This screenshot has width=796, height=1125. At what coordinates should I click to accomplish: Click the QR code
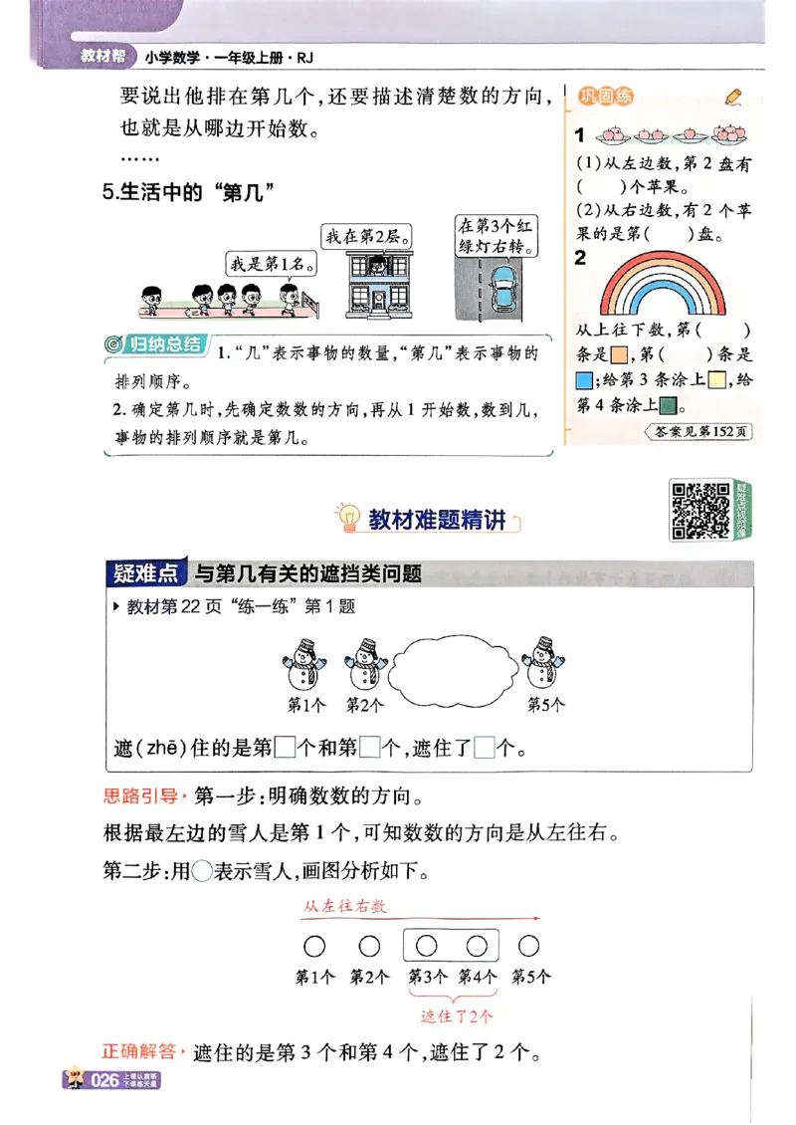coord(700,510)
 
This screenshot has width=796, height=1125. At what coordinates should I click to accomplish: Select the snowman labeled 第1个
coord(304,663)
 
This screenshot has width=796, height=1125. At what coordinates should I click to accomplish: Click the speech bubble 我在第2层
coord(367,236)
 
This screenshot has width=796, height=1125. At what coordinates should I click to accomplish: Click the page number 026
coord(105,1080)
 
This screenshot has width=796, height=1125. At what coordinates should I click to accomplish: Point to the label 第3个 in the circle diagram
coord(426,978)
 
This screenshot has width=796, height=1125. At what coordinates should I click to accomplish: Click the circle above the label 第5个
coord(529,946)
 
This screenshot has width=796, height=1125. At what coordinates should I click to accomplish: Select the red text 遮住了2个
coord(457,1016)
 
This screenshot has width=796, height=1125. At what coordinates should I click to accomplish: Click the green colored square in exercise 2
coord(669,405)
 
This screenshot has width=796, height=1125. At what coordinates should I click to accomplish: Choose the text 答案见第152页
coord(699,432)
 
